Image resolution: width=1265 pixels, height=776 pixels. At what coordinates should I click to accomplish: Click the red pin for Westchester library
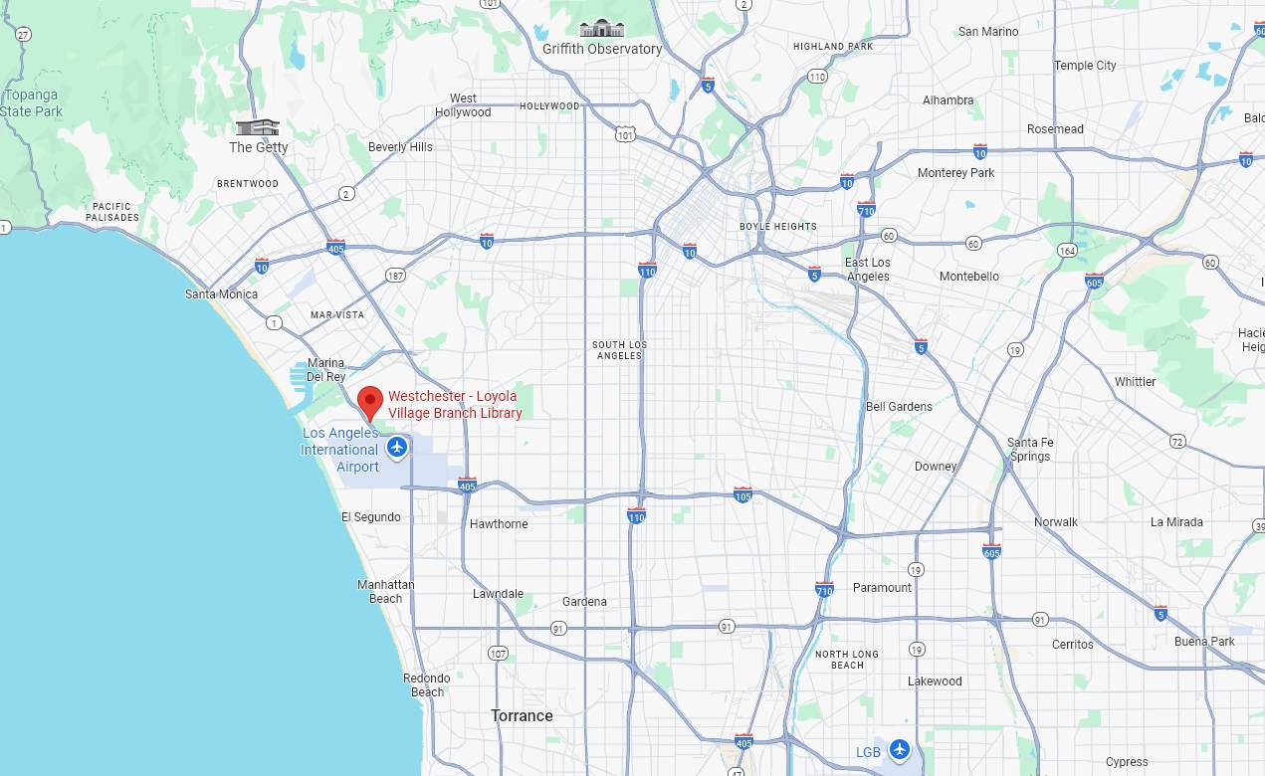[x=370, y=401]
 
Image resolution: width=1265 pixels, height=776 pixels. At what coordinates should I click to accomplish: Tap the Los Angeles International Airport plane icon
[x=397, y=447]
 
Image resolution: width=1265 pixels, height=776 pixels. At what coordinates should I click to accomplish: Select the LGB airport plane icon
[x=900, y=749]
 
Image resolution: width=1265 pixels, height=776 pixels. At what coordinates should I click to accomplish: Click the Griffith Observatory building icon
[x=602, y=28]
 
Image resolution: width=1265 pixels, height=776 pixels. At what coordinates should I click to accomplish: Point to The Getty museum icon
[x=257, y=127]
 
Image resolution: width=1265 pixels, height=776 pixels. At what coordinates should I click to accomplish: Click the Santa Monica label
[x=221, y=294]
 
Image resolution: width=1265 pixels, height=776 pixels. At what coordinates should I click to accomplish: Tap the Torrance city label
[x=522, y=715]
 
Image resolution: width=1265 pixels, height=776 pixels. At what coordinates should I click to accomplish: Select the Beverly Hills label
[x=400, y=147]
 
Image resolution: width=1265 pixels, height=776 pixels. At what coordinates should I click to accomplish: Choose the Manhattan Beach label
[x=386, y=591]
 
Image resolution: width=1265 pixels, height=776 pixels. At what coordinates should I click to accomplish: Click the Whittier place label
[x=1135, y=382]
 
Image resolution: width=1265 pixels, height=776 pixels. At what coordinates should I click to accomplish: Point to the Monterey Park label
[x=955, y=173]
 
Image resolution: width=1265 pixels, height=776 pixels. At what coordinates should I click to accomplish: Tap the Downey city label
[x=935, y=466]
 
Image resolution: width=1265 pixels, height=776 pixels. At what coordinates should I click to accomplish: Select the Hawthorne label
[x=499, y=524]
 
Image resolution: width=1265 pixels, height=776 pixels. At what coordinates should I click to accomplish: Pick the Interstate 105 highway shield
[x=742, y=494]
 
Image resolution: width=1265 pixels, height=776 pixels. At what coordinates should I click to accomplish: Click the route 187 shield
[x=396, y=275]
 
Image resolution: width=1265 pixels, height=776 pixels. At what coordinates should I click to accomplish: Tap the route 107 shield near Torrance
[x=499, y=654]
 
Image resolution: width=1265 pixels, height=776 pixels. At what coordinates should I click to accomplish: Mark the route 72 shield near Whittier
[x=1177, y=441]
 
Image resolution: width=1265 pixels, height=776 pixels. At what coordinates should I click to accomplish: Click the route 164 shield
[x=1067, y=250]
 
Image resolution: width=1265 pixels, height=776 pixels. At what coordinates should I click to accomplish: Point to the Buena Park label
[x=1204, y=642]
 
